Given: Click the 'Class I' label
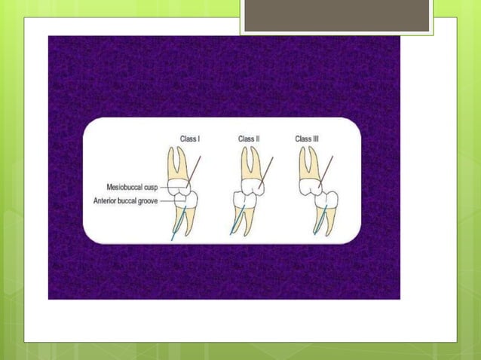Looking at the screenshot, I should point(190,139).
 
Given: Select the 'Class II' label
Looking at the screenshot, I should point(249,139).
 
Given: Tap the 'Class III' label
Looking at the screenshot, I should point(309,139).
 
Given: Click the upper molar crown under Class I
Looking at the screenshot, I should point(178,183).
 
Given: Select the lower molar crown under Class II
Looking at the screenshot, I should point(246,200).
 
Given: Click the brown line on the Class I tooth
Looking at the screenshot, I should point(195,166).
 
